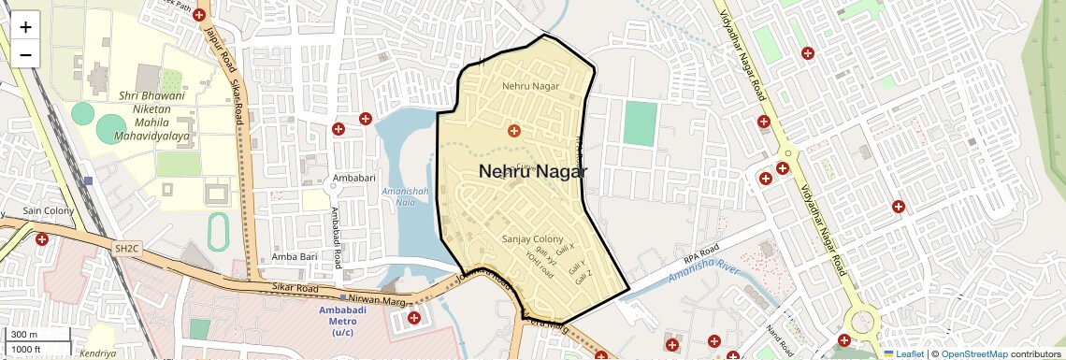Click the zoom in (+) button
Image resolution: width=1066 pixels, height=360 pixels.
[25, 27]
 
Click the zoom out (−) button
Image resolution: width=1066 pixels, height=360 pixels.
[25, 54]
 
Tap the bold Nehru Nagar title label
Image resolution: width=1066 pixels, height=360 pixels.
[533, 172]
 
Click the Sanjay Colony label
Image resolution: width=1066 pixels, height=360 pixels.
[533, 238]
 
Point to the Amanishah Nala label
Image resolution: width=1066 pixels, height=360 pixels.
[404, 198]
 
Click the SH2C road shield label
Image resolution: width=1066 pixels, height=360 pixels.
[126, 249]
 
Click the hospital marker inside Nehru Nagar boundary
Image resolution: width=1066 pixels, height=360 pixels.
[512, 130]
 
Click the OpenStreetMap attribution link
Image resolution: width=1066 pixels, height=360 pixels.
[974, 353]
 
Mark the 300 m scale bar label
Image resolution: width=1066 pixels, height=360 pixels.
[24, 335]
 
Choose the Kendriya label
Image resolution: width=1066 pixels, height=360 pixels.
[97, 353]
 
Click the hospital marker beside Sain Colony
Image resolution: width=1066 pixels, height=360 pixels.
[42, 240]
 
